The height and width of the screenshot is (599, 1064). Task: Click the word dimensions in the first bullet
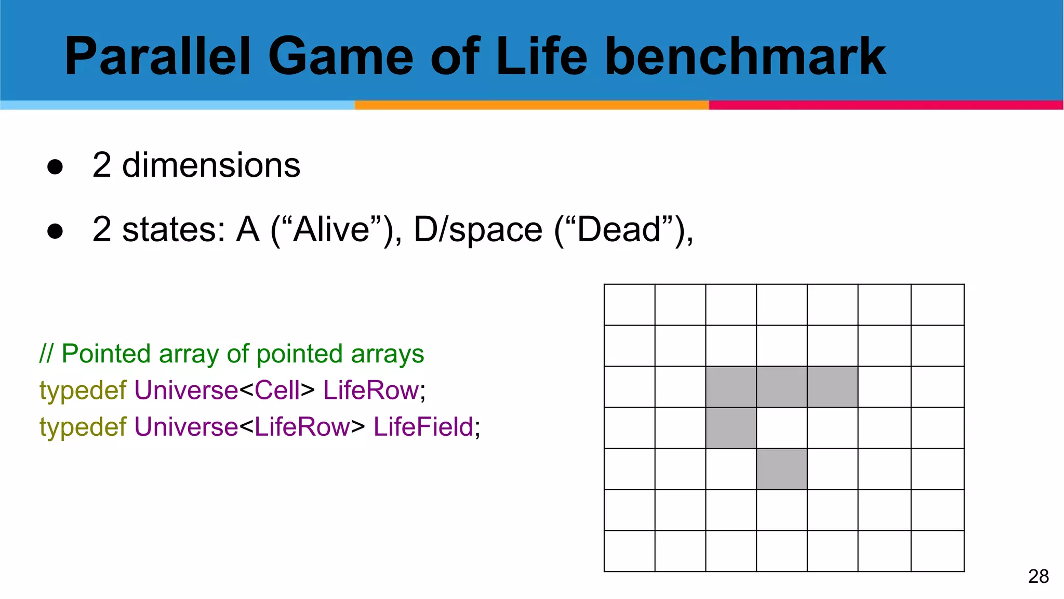click(211, 165)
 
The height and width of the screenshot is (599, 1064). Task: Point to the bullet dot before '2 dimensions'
click(55, 167)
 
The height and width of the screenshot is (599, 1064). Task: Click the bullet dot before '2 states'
click(55, 231)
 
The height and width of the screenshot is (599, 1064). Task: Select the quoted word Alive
click(332, 229)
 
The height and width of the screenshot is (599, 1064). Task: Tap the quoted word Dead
click(618, 229)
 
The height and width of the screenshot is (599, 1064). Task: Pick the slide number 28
click(1038, 577)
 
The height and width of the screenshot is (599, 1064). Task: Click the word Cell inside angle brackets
click(277, 390)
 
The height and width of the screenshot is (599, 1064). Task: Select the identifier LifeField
click(423, 427)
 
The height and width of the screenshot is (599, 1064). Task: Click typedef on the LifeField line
click(83, 427)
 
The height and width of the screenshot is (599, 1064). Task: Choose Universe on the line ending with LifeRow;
click(186, 390)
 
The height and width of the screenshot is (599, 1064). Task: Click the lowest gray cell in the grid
click(781, 468)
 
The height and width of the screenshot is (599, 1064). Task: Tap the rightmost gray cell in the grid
click(832, 387)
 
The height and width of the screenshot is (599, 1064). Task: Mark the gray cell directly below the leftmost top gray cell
click(731, 428)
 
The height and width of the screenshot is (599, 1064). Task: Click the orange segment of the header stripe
click(531, 105)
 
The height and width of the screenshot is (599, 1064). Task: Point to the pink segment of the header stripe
click(886, 105)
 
